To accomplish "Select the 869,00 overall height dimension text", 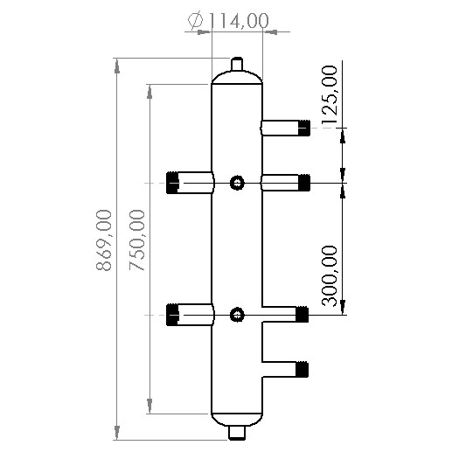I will (x=104, y=240).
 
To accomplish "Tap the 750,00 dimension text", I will (x=137, y=240).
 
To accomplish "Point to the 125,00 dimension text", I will (x=330, y=95).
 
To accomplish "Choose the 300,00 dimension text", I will (x=330, y=275).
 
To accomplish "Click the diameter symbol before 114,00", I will (x=195, y=19).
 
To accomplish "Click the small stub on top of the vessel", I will (x=236, y=66).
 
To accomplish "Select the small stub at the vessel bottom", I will (x=236, y=432).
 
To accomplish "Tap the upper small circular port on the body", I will (x=236, y=183).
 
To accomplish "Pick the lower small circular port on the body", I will (x=236, y=315).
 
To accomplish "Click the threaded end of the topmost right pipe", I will (x=303, y=129).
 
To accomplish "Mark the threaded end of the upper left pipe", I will (x=172, y=183).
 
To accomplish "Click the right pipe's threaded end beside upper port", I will (x=303, y=183).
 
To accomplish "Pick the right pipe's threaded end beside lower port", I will (x=303, y=314).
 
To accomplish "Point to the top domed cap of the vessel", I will (x=237, y=79).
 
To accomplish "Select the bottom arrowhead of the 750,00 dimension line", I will (x=151, y=410).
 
